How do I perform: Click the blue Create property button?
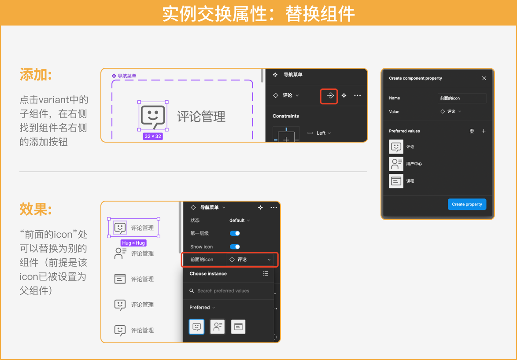click(467, 204)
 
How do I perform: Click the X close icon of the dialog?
click(484, 78)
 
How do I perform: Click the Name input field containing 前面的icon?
click(462, 98)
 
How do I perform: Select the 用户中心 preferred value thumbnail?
click(396, 164)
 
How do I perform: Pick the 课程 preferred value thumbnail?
click(396, 181)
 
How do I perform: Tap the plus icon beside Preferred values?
click(484, 131)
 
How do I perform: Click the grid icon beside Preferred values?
click(472, 131)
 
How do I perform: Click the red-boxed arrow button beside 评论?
click(329, 96)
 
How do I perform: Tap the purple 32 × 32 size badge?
click(153, 136)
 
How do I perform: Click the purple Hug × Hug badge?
click(133, 243)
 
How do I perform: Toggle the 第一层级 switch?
click(235, 233)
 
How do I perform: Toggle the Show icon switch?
click(235, 247)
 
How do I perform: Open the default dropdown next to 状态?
click(240, 220)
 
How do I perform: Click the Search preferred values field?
click(228, 291)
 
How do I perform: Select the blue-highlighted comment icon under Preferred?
click(196, 327)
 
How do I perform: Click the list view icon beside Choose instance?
click(266, 273)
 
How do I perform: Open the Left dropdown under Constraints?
click(323, 133)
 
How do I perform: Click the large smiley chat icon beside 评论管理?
click(153, 117)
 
